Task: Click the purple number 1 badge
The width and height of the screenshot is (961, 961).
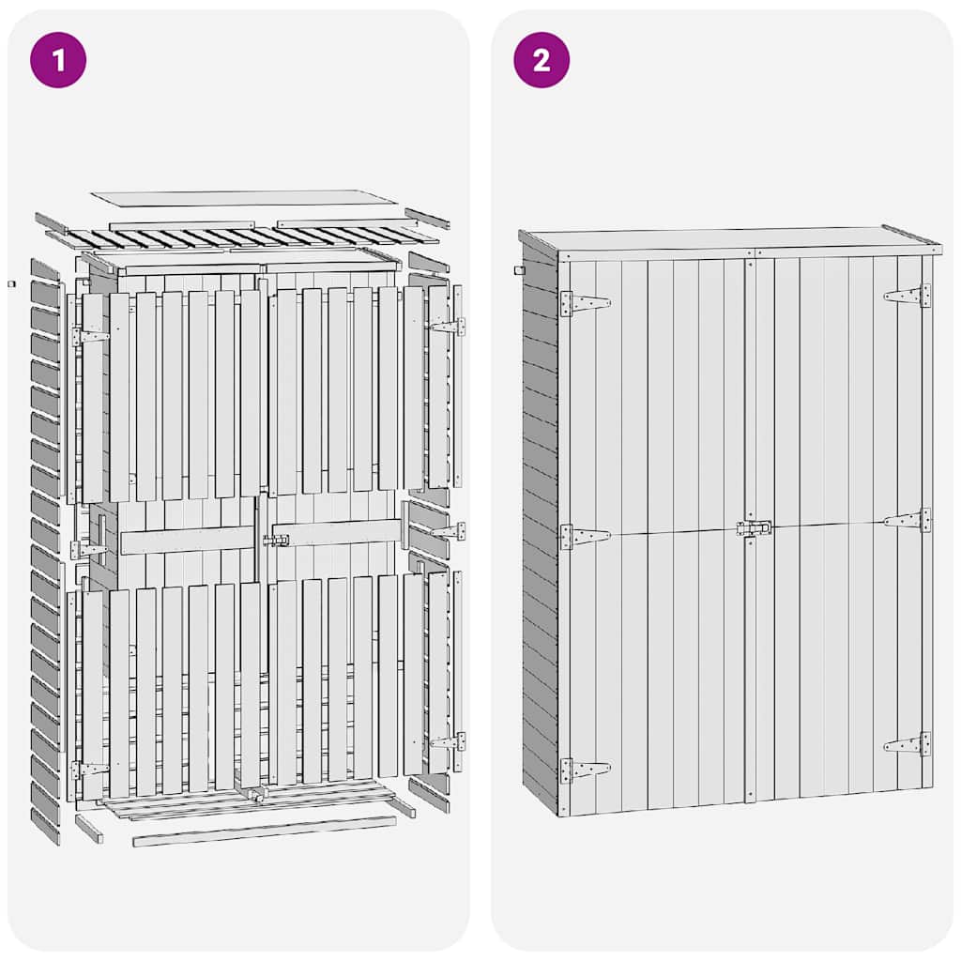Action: coord(58,60)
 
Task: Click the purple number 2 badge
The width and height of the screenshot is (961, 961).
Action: coord(541,60)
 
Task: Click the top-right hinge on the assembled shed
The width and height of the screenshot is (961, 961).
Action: coord(908,296)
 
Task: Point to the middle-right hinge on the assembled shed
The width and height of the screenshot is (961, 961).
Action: coord(908,520)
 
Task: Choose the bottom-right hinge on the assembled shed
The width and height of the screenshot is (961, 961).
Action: coord(908,745)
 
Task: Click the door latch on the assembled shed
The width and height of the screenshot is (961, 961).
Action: coord(754,528)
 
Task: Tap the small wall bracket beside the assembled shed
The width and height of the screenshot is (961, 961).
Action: coord(518,270)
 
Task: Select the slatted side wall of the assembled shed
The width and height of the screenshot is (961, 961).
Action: coord(540,526)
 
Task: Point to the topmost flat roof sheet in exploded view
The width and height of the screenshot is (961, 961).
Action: coord(244,198)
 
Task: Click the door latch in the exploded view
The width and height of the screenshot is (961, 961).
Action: coord(276,541)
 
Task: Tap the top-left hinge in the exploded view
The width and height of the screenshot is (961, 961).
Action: coord(90,336)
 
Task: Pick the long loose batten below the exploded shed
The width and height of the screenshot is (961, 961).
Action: coord(265,831)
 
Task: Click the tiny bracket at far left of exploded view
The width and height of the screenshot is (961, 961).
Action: coord(12,282)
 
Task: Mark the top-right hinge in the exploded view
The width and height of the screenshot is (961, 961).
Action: coord(447,326)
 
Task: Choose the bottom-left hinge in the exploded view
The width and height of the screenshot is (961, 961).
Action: coord(90,770)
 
